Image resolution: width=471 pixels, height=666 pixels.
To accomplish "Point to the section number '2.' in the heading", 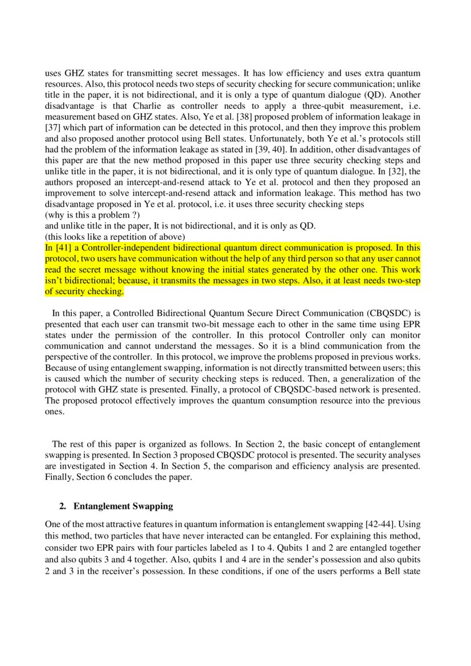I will pyautogui.click(x=63, y=506).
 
